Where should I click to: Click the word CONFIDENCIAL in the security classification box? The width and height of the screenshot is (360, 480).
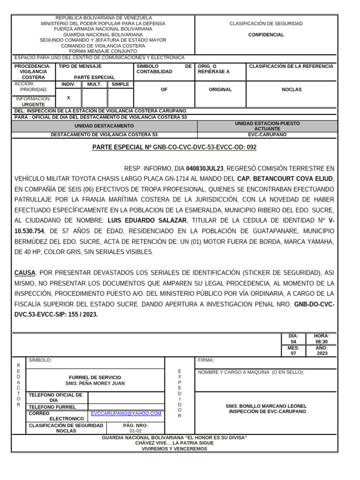[x=266, y=35]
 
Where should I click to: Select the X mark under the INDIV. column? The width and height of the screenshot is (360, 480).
[x=68, y=98]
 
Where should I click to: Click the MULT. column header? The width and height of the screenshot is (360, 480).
[x=94, y=84]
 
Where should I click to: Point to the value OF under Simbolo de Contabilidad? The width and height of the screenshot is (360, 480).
[x=164, y=90]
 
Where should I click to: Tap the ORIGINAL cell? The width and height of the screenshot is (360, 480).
[x=220, y=90]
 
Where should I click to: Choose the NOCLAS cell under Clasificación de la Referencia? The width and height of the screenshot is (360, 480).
[x=291, y=90]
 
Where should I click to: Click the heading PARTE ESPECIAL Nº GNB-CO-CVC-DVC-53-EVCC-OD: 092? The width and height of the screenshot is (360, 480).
[x=174, y=147]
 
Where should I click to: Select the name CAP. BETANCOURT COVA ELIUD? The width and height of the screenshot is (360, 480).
[x=285, y=179]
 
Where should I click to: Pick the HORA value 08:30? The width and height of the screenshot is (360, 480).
[x=321, y=342]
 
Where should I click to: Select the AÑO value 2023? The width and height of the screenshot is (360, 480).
[x=322, y=353]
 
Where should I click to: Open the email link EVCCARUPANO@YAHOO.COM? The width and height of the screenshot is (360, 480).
[x=126, y=413]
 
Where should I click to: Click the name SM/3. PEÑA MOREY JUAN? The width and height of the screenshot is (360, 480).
[x=95, y=383]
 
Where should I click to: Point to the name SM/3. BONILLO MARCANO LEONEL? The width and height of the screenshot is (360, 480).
[x=266, y=406]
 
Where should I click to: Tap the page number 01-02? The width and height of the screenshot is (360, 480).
[x=135, y=431]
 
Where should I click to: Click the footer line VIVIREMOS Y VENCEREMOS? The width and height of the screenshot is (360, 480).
[x=174, y=449]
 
